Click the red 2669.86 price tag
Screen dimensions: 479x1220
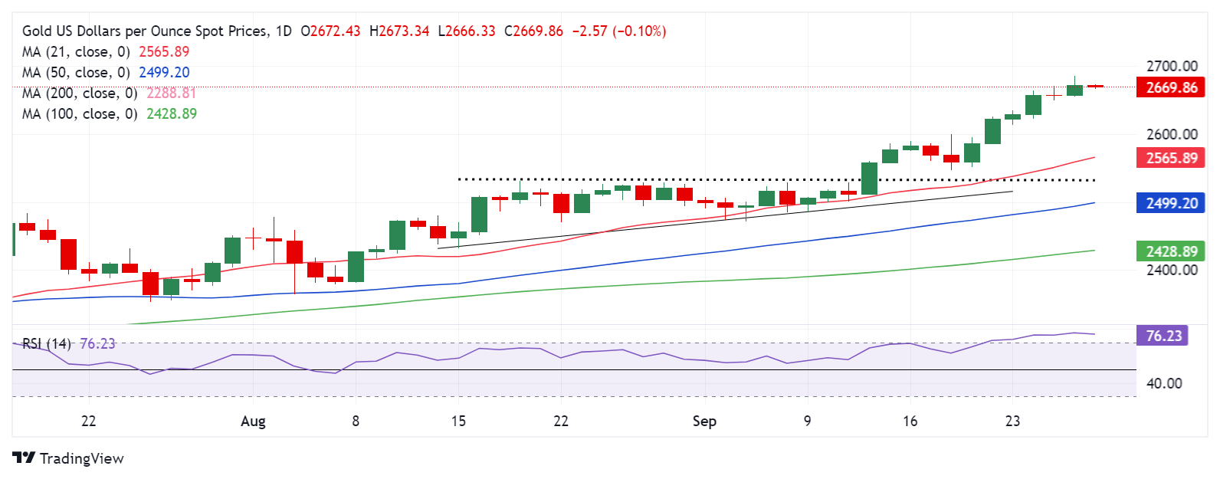point(1170,87)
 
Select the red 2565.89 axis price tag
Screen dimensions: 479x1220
point(1170,159)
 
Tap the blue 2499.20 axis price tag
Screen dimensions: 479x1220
point(1170,204)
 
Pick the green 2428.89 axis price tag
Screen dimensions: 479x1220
point(1170,251)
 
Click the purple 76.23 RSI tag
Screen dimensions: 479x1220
point(1163,336)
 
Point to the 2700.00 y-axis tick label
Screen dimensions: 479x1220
point(1171,66)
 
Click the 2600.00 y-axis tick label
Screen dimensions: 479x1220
point(1171,134)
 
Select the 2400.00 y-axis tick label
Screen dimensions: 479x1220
point(1171,270)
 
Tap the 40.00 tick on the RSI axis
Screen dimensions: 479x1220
point(1163,383)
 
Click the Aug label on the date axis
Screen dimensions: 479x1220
point(253,422)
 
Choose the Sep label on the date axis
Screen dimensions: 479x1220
point(704,422)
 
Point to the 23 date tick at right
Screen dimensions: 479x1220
point(1012,422)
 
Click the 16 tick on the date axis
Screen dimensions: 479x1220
point(910,422)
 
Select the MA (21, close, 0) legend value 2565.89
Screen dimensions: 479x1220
point(164,52)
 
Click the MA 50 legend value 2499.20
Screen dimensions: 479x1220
point(164,73)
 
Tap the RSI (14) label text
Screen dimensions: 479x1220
point(46,344)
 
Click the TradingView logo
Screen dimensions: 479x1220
point(68,458)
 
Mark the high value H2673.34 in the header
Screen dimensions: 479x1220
point(399,31)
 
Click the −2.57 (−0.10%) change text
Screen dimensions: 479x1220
point(619,31)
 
